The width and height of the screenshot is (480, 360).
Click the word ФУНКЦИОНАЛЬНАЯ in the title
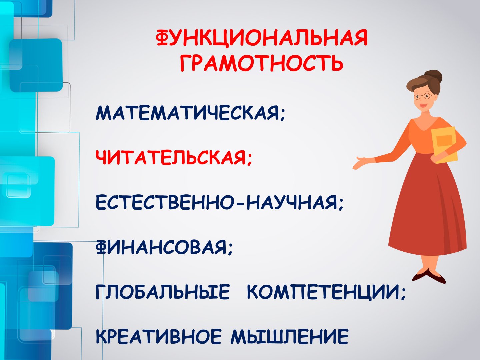pos(262,39)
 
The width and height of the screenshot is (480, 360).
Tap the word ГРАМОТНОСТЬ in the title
pos(262,63)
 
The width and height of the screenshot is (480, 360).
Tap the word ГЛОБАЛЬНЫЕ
pos(162,292)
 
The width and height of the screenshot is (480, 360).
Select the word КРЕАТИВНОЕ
pos(159,337)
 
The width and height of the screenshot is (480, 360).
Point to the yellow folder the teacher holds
pos(445,145)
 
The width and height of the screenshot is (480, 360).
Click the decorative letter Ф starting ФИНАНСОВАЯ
pos(100,248)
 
